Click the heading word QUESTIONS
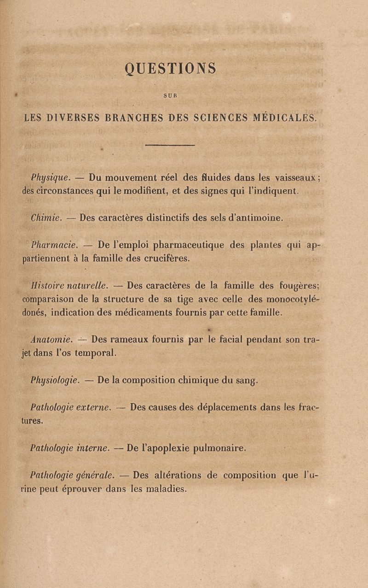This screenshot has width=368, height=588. click(170, 69)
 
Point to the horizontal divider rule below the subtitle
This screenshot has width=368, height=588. click(170, 146)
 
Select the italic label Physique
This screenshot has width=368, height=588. click(50, 177)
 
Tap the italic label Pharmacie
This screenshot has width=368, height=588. click(54, 246)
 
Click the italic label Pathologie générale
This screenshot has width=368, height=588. click(72, 476)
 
